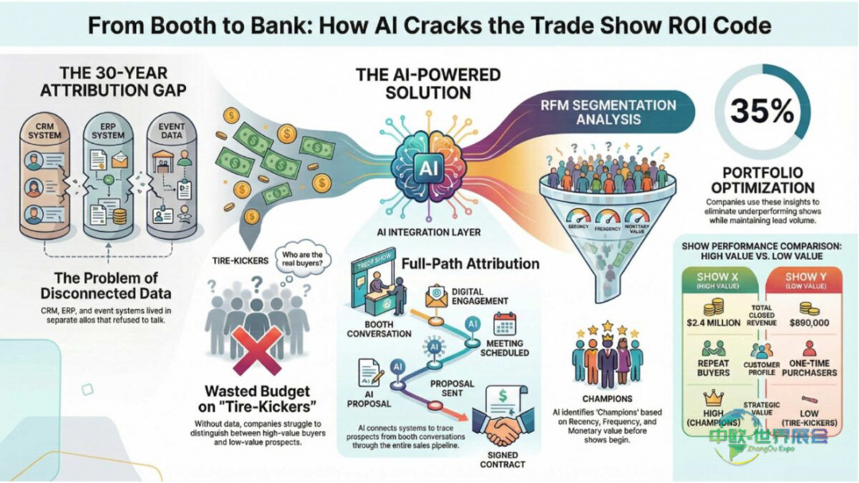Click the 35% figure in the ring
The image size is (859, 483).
(x=756, y=110)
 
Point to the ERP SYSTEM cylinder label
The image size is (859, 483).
(x=107, y=130)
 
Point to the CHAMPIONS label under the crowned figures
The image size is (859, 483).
(x=608, y=399)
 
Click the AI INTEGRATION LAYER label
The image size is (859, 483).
(x=429, y=232)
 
